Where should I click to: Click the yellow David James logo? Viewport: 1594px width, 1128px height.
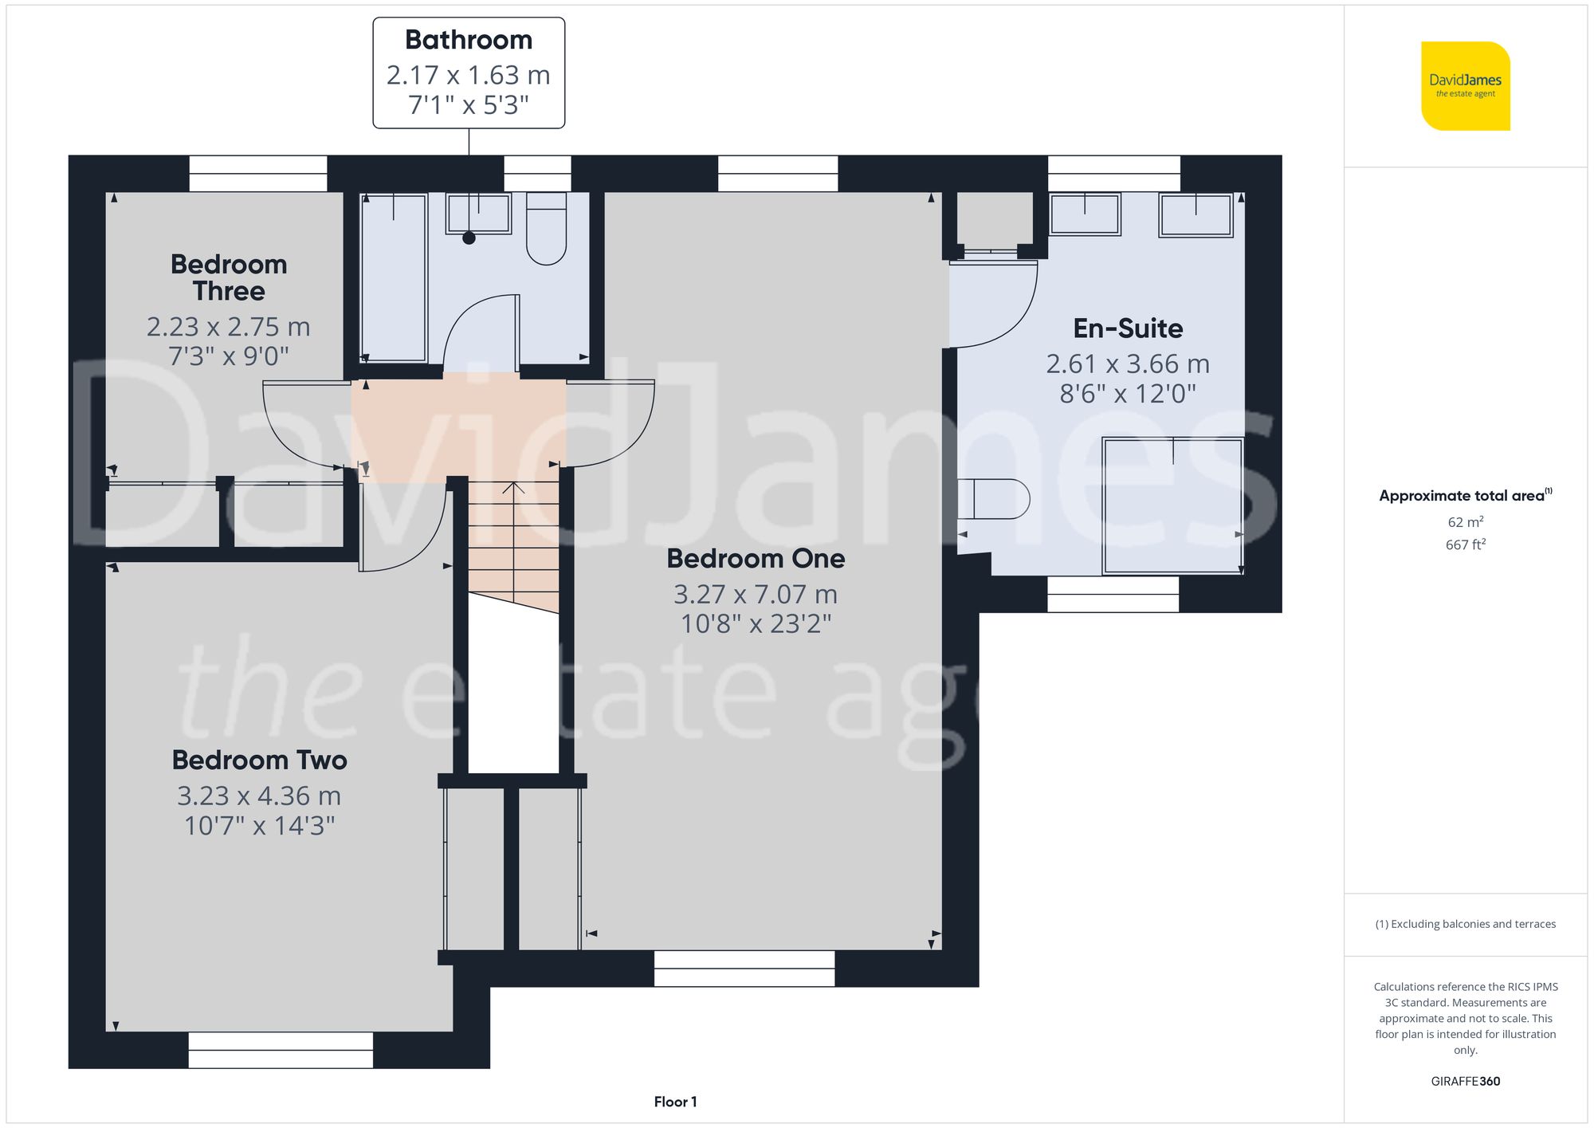1465,86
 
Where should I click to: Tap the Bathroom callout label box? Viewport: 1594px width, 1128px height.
469,73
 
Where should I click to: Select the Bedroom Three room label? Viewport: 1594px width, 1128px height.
229,277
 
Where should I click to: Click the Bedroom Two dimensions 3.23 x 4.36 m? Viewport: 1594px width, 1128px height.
259,796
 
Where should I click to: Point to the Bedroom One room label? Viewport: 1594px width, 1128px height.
756,558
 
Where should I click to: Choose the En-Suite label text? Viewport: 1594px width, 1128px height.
1128,328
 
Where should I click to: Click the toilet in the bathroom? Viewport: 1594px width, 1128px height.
546,229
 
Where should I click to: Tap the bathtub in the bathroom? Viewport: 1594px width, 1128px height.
394,277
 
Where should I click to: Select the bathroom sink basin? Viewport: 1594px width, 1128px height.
478,213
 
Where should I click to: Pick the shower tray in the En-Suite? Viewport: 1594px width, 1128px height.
1172,505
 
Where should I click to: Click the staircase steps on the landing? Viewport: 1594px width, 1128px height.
513,542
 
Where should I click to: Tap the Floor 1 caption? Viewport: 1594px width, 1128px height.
675,1102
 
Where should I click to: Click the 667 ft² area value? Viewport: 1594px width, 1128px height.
1465,544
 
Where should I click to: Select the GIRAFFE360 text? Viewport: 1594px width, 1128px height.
1465,1081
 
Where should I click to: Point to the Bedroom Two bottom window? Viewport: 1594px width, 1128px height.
281,1050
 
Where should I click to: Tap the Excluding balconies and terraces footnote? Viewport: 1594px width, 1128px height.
1465,924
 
